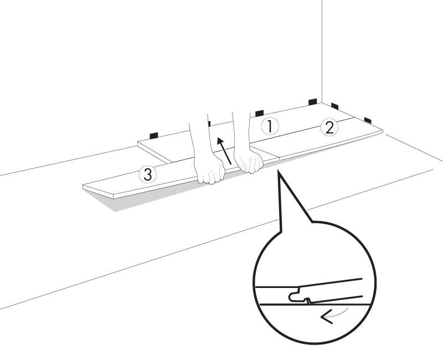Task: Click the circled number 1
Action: tap(270, 126)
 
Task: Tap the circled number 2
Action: tap(329, 127)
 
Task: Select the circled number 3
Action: tap(148, 174)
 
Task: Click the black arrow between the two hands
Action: tap(224, 150)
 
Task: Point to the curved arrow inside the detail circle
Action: tap(333, 315)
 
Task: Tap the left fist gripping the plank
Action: tap(210, 169)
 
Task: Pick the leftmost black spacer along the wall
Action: tap(154, 135)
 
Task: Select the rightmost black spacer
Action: tap(368, 120)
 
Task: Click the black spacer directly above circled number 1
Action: tap(259, 113)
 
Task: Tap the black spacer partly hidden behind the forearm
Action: tap(209, 124)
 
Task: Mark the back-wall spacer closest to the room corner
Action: tap(313, 102)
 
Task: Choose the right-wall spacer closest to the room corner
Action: tap(335, 106)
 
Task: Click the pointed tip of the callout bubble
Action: tap(278, 170)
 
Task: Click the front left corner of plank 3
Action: tap(114, 197)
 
